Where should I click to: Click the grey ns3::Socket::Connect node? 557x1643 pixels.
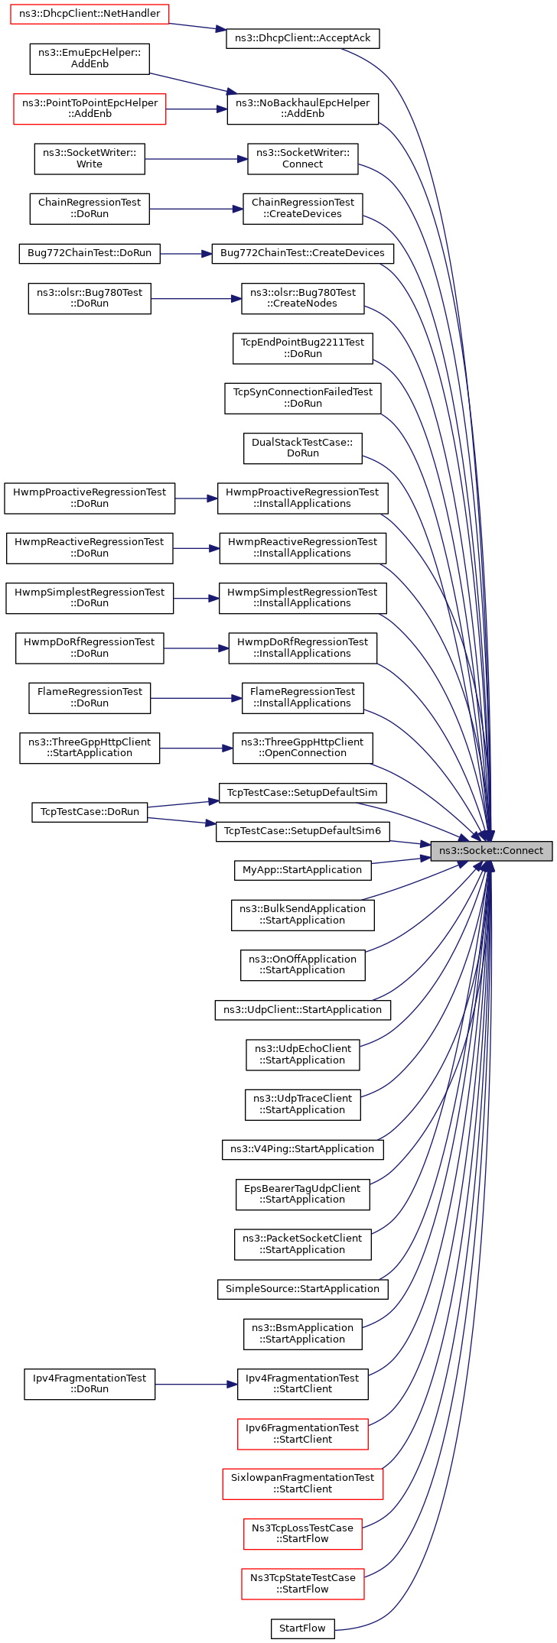pyautogui.click(x=491, y=850)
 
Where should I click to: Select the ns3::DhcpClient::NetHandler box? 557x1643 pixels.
pyautogui.click(x=90, y=14)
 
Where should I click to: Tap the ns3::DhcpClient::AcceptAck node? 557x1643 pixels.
pyautogui.click(x=303, y=38)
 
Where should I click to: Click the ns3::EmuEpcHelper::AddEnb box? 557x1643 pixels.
pyautogui.click(x=90, y=59)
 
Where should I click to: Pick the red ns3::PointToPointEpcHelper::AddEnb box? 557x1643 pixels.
pyautogui.click(x=90, y=109)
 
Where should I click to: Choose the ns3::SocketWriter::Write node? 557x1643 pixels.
pyautogui.click(x=90, y=159)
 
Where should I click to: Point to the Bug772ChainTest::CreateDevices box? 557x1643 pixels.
pyautogui.click(x=303, y=253)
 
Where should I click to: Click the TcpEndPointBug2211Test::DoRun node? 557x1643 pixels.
pyautogui.click(x=303, y=348)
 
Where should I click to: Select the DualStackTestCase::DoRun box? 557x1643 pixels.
pyautogui.click(x=303, y=448)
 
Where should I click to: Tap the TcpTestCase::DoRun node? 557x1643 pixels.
pyautogui.click(x=90, y=812)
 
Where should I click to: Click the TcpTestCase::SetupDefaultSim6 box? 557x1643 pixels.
pyautogui.click(x=303, y=831)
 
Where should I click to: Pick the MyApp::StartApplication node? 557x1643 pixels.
pyautogui.click(x=302, y=870)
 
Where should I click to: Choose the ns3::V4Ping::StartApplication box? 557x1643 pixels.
pyautogui.click(x=303, y=1149)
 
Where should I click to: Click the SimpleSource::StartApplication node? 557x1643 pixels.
pyautogui.click(x=303, y=1289)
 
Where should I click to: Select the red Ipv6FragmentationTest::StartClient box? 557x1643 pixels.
pyautogui.click(x=303, y=1434)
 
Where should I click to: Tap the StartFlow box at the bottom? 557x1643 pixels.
pyautogui.click(x=303, y=1628)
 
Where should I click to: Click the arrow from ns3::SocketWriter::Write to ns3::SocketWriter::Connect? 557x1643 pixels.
pyautogui.click(x=196, y=159)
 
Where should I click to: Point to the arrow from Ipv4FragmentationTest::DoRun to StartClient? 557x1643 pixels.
pyautogui.click(x=196, y=1384)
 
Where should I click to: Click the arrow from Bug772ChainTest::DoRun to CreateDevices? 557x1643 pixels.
pyautogui.click(x=186, y=253)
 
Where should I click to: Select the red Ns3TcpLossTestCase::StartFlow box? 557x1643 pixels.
pyautogui.click(x=303, y=1534)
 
